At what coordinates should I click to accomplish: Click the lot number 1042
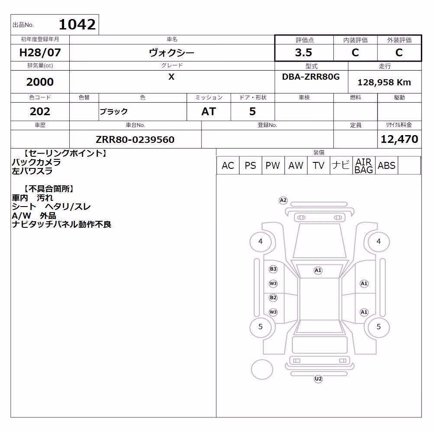coord(78,24)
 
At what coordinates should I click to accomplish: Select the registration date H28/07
coord(40,52)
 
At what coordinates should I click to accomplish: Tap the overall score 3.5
coord(304,52)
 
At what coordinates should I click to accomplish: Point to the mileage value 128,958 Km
coord(384,82)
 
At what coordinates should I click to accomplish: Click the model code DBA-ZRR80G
coord(310,77)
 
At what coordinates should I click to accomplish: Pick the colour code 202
coord(40,111)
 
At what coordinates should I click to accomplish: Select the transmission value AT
coord(209,111)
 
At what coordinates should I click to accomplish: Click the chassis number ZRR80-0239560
coord(135,139)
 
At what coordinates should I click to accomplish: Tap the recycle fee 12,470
coord(399,139)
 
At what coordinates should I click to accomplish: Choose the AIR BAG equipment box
coord(364,165)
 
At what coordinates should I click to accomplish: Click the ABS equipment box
coord(386,165)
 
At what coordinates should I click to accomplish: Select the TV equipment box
coord(318,165)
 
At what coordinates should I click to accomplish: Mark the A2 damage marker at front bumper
coord(283,200)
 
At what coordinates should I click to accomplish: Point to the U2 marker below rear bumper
coord(318,378)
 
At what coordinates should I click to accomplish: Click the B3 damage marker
coord(273,269)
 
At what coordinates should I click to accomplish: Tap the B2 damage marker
coord(273,298)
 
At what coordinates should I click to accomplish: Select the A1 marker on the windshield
coord(318,270)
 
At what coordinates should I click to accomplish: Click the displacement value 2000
coord(40,82)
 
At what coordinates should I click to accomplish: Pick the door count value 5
coord(252,111)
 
